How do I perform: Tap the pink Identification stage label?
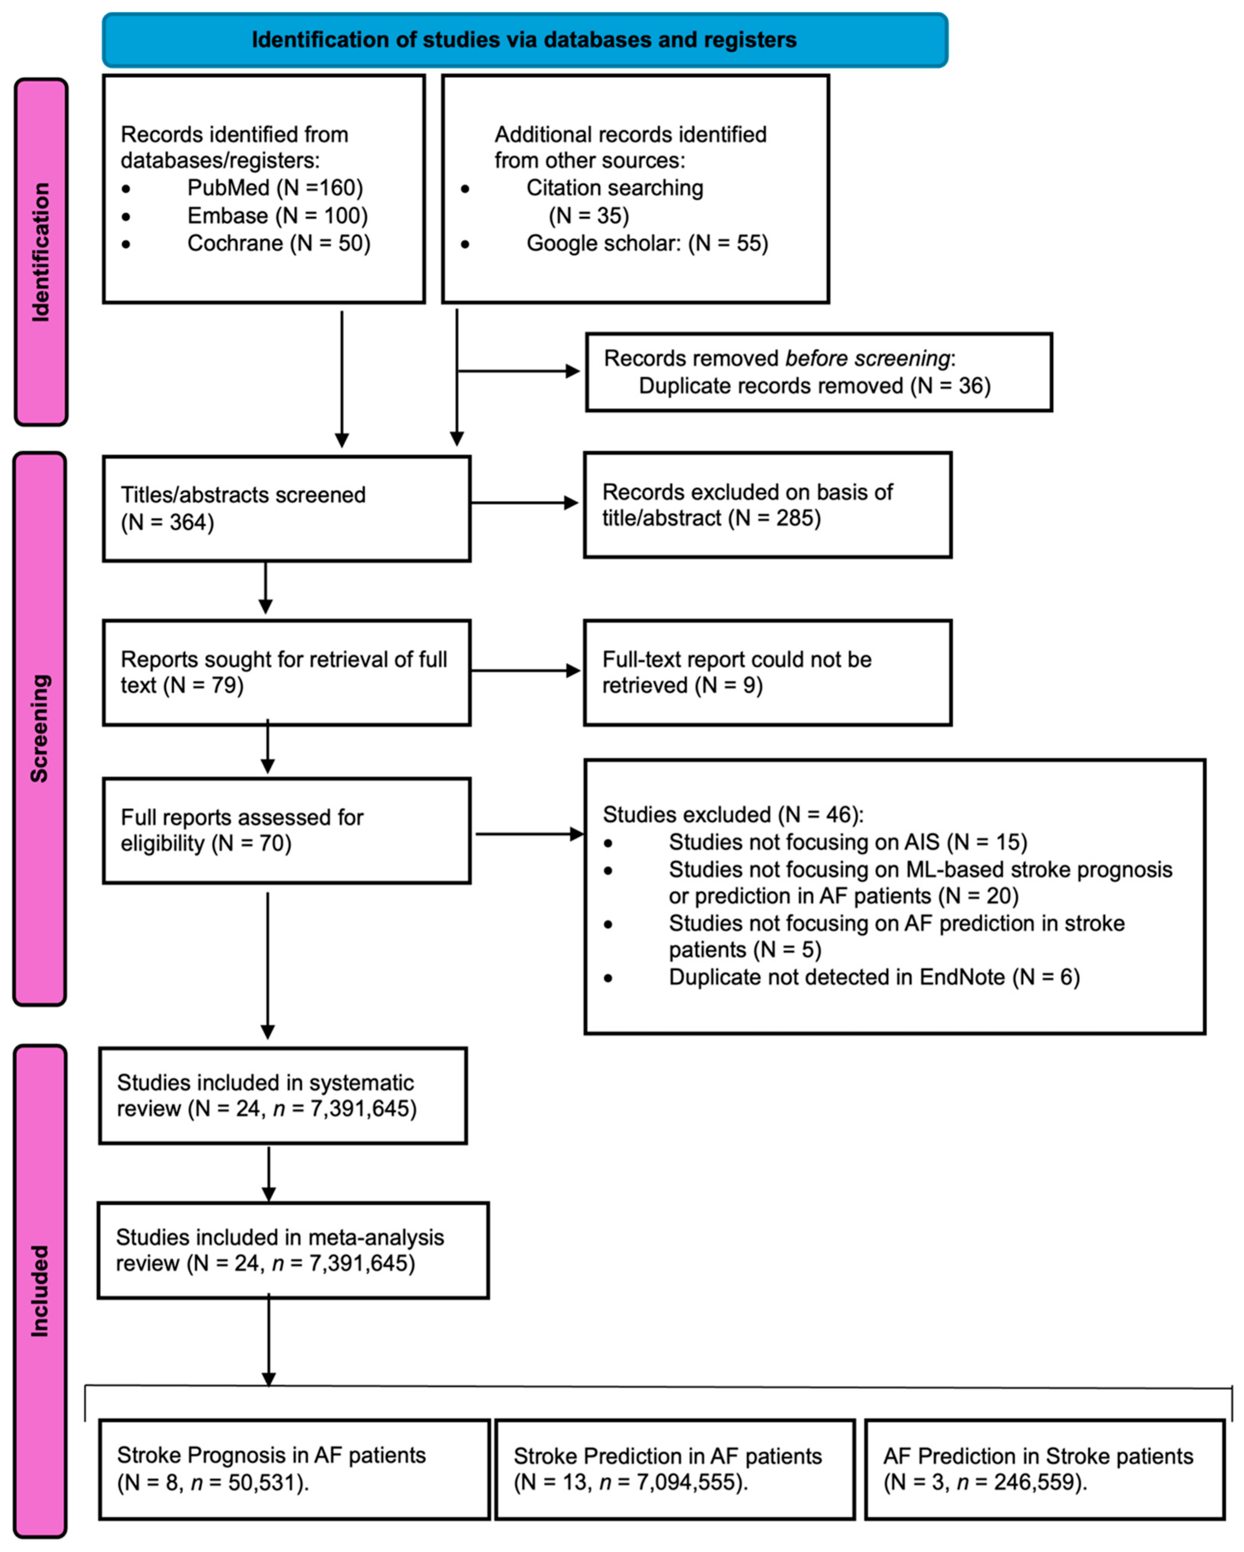(x=41, y=252)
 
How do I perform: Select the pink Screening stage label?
(x=39, y=729)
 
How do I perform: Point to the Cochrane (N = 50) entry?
(x=279, y=243)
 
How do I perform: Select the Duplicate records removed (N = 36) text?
(x=814, y=386)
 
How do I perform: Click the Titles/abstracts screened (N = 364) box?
(x=287, y=508)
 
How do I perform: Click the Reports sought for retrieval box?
(x=287, y=672)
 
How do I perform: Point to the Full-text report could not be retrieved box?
(x=767, y=672)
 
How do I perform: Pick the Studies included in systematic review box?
(x=283, y=1095)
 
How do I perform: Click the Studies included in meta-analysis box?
(x=293, y=1250)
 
